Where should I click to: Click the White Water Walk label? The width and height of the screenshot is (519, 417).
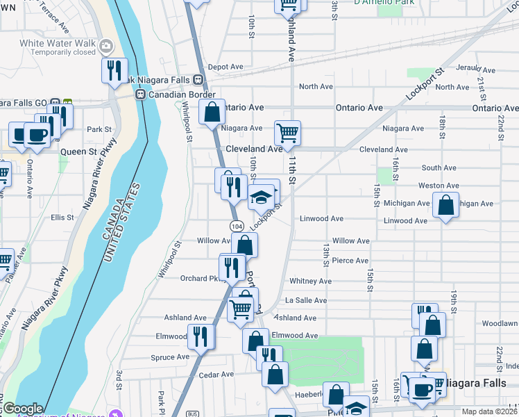[x=57, y=42]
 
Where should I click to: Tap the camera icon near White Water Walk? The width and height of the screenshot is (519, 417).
[x=106, y=47]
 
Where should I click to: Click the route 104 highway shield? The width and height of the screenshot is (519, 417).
[x=237, y=227]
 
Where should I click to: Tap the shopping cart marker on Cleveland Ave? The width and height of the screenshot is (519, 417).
[x=287, y=132]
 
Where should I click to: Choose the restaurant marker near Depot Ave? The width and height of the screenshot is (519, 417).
[x=114, y=70]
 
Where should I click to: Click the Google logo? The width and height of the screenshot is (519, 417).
[x=23, y=409]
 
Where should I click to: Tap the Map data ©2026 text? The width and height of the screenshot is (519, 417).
[x=489, y=411]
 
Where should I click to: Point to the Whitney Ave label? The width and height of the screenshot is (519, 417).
[x=310, y=281]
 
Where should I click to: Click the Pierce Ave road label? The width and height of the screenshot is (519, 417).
[x=350, y=261]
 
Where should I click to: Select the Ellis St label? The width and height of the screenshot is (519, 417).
[x=62, y=218]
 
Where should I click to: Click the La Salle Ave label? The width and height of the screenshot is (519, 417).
[x=306, y=300]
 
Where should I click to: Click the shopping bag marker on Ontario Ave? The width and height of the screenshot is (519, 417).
[x=212, y=111]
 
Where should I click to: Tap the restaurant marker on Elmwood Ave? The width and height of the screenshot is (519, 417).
[x=201, y=336]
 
